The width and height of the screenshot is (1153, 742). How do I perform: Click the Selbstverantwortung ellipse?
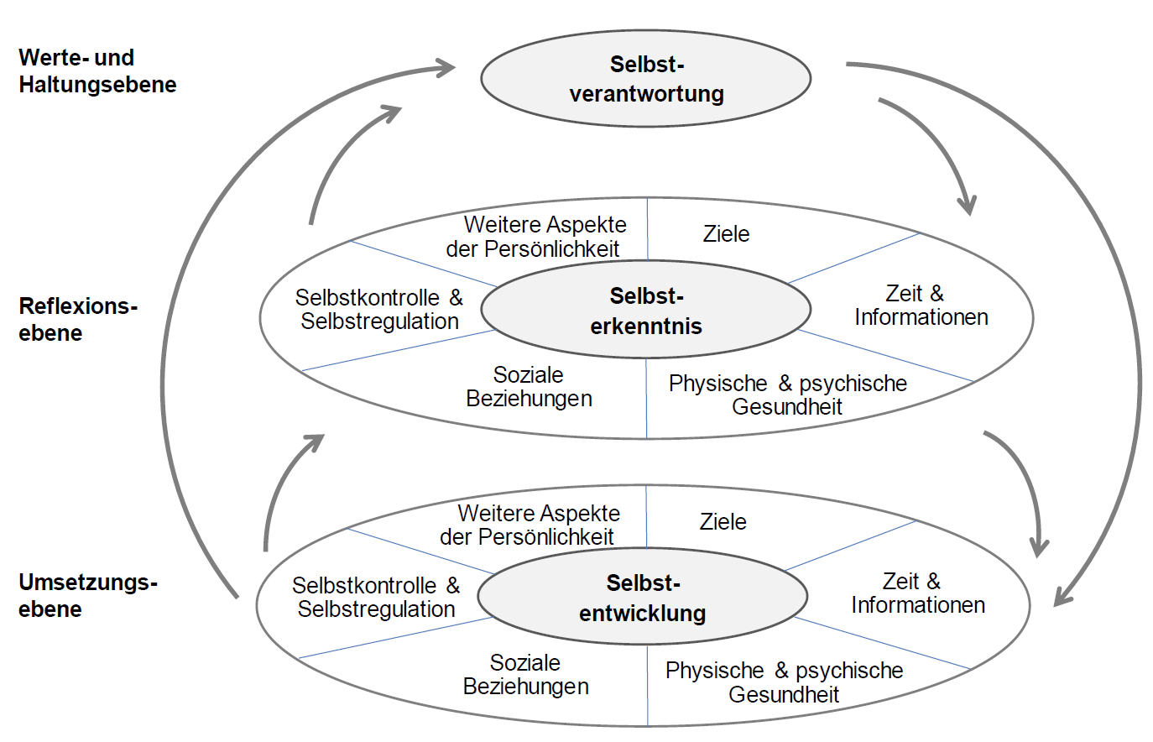point(646,79)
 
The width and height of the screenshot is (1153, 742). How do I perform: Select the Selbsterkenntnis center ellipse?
point(646,311)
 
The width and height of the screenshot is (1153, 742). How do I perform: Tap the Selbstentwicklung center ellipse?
point(643,598)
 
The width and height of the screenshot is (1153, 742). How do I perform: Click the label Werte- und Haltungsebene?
point(97,71)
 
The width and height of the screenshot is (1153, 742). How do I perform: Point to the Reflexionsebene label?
point(78,319)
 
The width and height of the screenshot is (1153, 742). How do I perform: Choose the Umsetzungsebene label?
point(88,595)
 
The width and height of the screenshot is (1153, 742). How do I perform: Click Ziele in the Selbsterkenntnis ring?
point(726,234)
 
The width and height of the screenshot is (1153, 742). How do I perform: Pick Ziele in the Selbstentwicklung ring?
point(723,522)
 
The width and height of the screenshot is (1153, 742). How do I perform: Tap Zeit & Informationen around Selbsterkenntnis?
point(921,306)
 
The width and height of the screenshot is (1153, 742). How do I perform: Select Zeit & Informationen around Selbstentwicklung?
point(917,593)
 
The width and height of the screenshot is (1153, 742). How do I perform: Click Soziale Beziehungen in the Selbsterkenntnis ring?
point(529,387)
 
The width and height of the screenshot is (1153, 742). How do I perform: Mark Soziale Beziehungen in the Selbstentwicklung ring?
point(525,675)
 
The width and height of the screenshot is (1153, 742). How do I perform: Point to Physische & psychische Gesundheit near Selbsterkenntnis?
point(787,395)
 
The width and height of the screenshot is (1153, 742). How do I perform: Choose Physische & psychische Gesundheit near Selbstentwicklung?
point(784,683)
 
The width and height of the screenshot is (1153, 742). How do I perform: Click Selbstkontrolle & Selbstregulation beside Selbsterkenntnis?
point(379,310)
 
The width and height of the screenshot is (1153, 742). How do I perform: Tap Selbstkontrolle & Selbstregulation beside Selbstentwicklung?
point(376,598)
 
